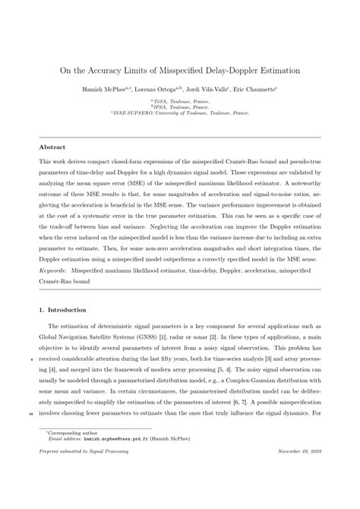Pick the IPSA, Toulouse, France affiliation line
point(180,107)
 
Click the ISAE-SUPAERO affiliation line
point(180,113)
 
